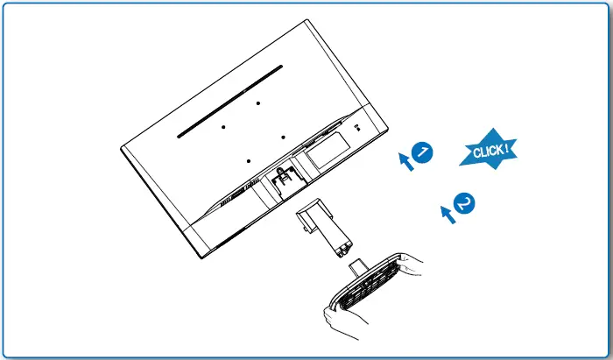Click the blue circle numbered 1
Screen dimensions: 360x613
422,152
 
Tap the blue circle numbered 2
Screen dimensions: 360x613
465,203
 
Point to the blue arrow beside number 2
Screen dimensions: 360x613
447,213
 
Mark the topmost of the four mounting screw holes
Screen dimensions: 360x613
260,102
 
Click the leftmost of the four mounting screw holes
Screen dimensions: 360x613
223,126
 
